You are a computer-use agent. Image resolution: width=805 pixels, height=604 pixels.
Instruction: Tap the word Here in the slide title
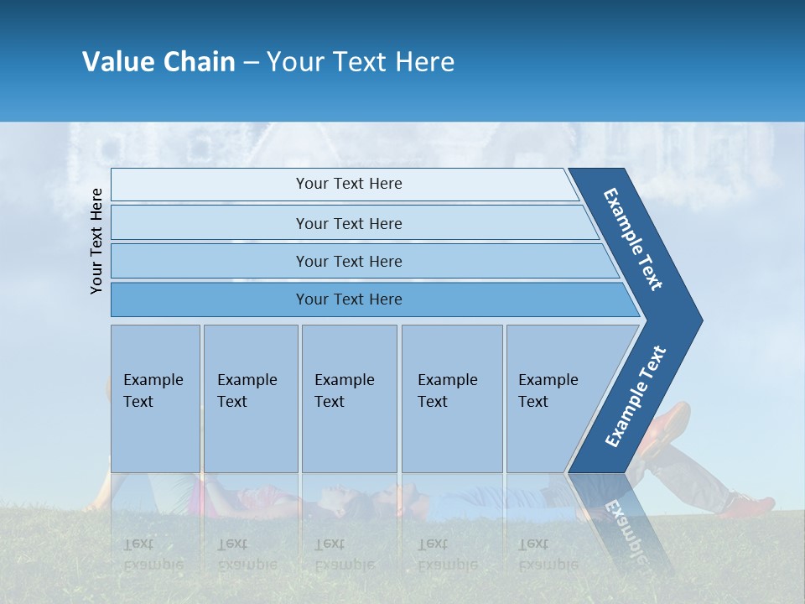coord(424,62)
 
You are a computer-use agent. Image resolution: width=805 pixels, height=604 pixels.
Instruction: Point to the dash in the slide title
coord(251,63)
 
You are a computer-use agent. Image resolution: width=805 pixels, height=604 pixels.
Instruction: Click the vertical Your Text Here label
coord(96,241)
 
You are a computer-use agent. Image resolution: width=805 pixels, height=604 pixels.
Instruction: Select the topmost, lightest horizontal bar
coord(348,185)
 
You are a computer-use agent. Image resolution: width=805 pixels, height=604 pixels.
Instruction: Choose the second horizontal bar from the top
coord(348,223)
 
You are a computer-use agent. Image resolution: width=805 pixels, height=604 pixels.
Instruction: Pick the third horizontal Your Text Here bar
coord(348,262)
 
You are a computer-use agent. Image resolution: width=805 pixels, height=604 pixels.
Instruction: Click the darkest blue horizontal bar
coord(348,299)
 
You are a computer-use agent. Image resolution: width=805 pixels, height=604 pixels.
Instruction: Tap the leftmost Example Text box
coord(155,398)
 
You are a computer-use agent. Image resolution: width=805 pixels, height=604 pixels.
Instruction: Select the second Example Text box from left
coord(250,398)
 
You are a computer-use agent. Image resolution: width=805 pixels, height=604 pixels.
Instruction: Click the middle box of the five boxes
coord(349,398)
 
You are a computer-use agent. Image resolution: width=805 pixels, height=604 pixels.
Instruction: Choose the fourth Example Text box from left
coord(451,398)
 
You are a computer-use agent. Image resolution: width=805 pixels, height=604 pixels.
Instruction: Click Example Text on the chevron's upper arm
coord(634,239)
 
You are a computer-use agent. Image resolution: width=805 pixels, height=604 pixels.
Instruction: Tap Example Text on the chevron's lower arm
coord(635,397)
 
